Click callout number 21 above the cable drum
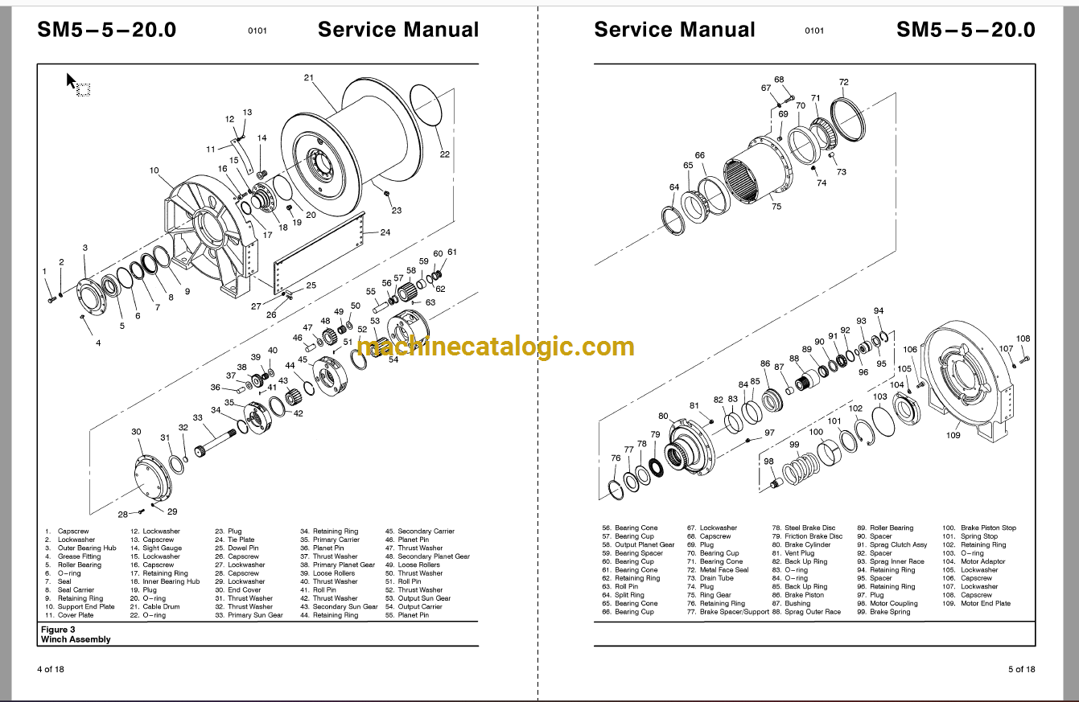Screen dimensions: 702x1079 tap(309, 77)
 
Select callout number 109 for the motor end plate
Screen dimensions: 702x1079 tap(953, 436)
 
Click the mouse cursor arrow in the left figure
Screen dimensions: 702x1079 tap(71, 80)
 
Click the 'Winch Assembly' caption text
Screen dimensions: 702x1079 tap(76, 639)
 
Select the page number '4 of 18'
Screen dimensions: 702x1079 tap(50, 669)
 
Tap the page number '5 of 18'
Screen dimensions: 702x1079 tap(1021, 669)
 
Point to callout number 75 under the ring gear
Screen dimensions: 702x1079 tap(776, 207)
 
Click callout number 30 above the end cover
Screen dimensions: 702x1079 tap(136, 433)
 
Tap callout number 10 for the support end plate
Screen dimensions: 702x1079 tap(154, 170)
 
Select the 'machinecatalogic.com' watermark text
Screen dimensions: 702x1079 tap(496, 347)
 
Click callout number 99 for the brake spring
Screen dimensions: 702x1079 tap(793, 445)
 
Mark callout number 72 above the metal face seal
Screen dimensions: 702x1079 tap(843, 82)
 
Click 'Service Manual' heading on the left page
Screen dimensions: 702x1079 tap(397, 30)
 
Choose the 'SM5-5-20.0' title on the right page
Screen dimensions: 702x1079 tap(966, 30)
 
